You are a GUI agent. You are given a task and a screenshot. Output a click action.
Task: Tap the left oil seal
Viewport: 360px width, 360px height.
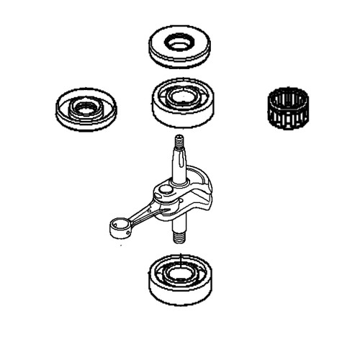click(x=85, y=109)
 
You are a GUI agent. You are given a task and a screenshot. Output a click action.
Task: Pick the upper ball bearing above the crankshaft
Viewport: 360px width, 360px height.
click(x=182, y=102)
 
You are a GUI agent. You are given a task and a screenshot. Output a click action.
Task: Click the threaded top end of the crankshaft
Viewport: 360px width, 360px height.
click(x=178, y=144)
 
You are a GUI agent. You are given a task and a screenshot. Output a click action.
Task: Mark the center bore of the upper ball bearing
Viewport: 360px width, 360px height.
click(x=184, y=96)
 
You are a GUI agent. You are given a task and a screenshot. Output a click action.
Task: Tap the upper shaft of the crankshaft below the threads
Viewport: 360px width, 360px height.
click(x=179, y=169)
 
